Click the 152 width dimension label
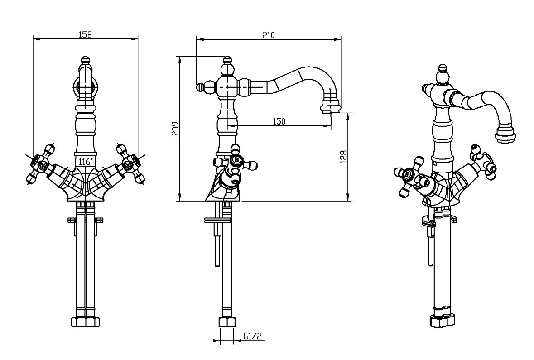coord(85,35)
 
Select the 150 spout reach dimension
coord(279,121)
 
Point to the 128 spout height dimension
coord(344,156)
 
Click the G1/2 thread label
coord(252,336)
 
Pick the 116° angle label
coord(85,161)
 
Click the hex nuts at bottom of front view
coord(85,323)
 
